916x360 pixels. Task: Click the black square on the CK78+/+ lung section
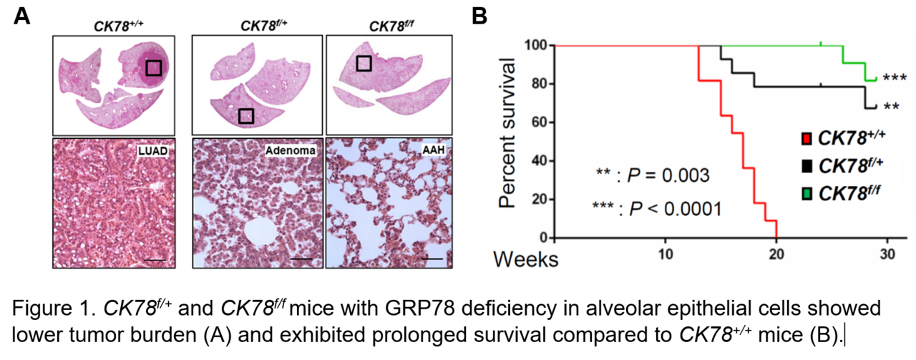click(x=153, y=67)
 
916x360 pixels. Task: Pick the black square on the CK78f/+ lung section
click(x=245, y=115)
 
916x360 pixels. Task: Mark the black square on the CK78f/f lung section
click(x=364, y=63)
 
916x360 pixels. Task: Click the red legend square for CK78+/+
click(x=807, y=137)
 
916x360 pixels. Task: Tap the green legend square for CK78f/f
click(x=807, y=195)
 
